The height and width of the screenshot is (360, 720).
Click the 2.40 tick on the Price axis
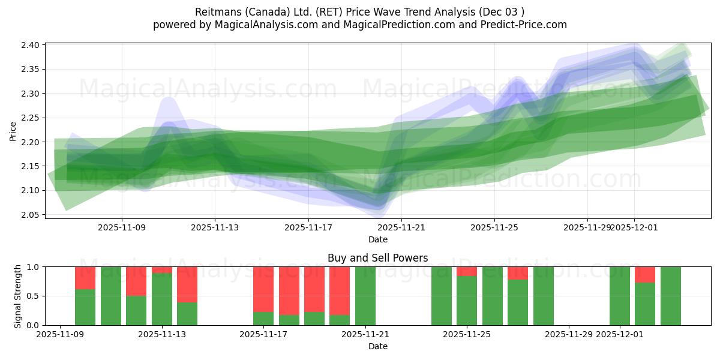pyautogui.click(x=31, y=45)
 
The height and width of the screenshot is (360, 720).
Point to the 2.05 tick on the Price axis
pyautogui.click(x=31, y=215)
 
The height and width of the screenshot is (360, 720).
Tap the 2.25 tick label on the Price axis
pyautogui.click(x=31, y=118)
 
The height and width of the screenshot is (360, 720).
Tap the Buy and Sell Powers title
pyautogui.click(x=377, y=258)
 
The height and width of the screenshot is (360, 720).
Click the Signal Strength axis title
pyautogui.click(x=18, y=296)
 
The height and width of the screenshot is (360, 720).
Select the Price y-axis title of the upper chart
pyautogui.click(x=13, y=130)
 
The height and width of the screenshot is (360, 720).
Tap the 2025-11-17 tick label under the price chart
pyautogui.click(x=308, y=227)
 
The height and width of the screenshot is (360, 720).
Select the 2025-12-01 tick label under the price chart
pyautogui.click(x=635, y=227)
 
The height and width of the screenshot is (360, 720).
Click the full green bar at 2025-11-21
pyautogui.click(x=365, y=296)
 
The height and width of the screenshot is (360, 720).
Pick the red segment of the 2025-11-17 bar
pyautogui.click(x=263, y=289)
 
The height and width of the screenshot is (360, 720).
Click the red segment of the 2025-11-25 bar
pyautogui.click(x=467, y=271)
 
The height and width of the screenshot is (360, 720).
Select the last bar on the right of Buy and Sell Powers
pyautogui.click(x=670, y=296)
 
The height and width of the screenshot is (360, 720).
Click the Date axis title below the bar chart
pyautogui.click(x=377, y=346)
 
